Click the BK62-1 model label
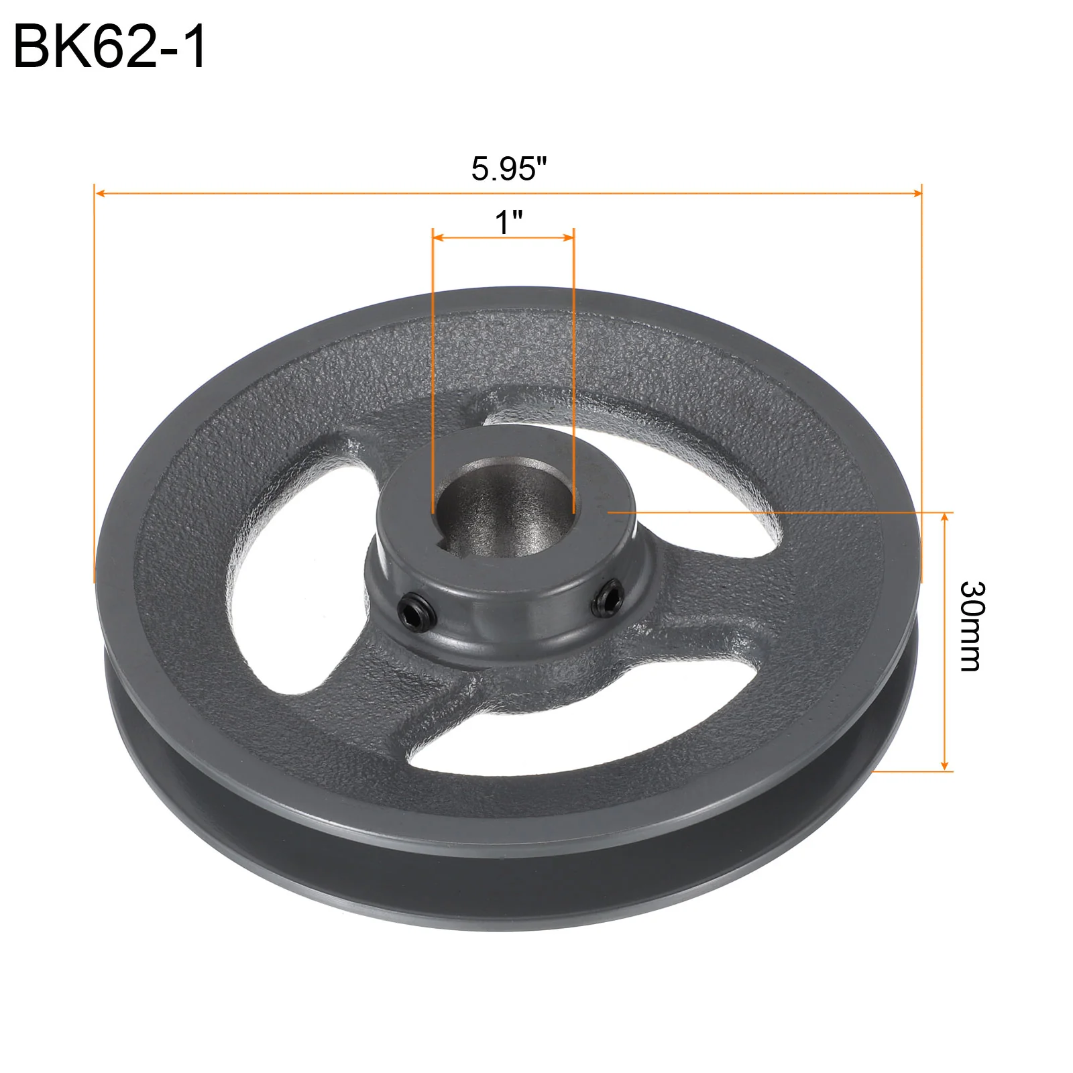coord(110,47)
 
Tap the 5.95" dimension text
coord(509,168)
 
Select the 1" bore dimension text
coord(508,222)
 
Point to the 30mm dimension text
coord(970,626)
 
